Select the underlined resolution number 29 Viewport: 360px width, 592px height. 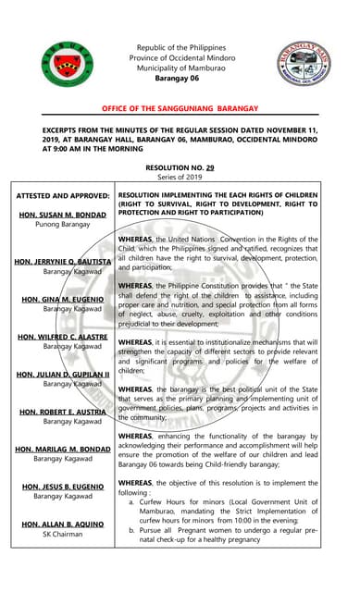click(210, 167)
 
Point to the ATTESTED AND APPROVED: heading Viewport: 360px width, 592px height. click(59, 196)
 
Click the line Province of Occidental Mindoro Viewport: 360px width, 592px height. click(180, 57)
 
